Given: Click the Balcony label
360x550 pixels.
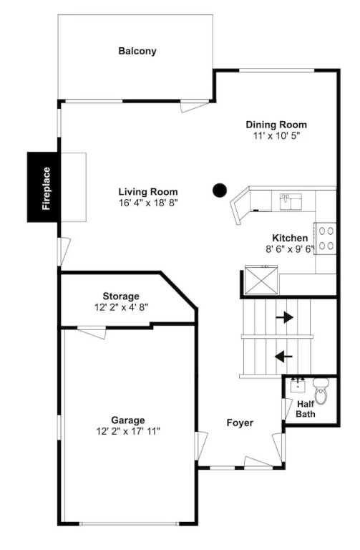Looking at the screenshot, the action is pyautogui.click(x=137, y=52).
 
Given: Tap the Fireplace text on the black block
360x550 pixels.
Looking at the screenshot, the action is pyautogui.click(x=47, y=188).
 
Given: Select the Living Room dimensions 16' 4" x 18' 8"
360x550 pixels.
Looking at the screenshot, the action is pyautogui.click(x=149, y=203).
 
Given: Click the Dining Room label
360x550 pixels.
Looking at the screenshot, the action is pyautogui.click(x=276, y=125).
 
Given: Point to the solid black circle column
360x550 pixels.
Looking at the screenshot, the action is pyautogui.click(x=220, y=190).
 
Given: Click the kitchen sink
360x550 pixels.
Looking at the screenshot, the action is pyautogui.click(x=291, y=201).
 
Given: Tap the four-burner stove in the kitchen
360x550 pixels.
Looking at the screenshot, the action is pyautogui.click(x=325, y=238).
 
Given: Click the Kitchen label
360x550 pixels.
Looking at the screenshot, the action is pyautogui.click(x=290, y=238).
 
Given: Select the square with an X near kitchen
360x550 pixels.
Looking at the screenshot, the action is pyautogui.click(x=261, y=279).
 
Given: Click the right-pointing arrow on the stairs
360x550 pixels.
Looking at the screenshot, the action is pyautogui.click(x=284, y=317).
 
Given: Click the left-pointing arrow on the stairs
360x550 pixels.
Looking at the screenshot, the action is pyautogui.click(x=283, y=357).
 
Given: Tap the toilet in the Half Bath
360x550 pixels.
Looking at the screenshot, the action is pyautogui.click(x=321, y=391).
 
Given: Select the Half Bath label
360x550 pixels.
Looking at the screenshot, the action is pyautogui.click(x=306, y=409).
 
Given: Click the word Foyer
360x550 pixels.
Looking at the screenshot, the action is pyautogui.click(x=240, y=423).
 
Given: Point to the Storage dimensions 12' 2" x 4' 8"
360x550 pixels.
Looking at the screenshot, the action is pyautogui.click(x=121, y=308).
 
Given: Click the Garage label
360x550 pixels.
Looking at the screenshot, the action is pyautogui.click(x=127, y=420).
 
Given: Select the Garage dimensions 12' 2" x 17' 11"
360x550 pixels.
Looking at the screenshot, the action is pyautogui.click(x=128, y=431).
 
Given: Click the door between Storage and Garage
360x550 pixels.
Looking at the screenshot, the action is pyautogui.click(x=92, y=332).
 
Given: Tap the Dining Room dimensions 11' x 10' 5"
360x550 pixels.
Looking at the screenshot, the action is pyautogui.click(x=277, y=136).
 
